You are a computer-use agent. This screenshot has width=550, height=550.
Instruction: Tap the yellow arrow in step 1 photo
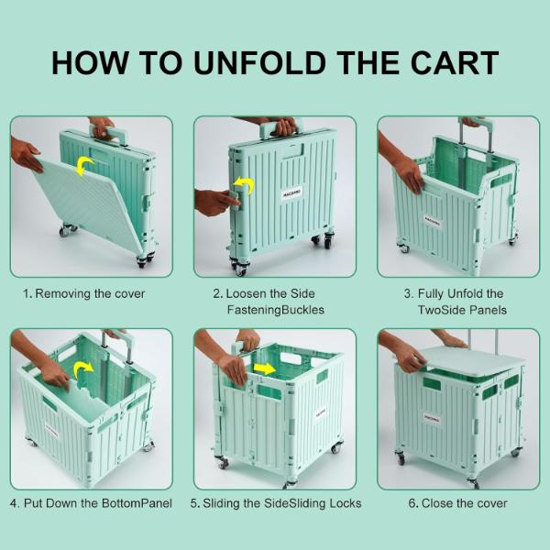[x=84, y=165]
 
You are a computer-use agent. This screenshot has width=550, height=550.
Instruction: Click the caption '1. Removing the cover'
[x=84, y=294]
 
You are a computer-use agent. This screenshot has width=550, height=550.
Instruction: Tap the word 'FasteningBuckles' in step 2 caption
[x=275, y=310]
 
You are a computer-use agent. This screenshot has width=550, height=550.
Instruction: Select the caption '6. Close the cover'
[x=457, y=503]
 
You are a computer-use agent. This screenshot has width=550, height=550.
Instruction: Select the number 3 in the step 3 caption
[x=408, y=294]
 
